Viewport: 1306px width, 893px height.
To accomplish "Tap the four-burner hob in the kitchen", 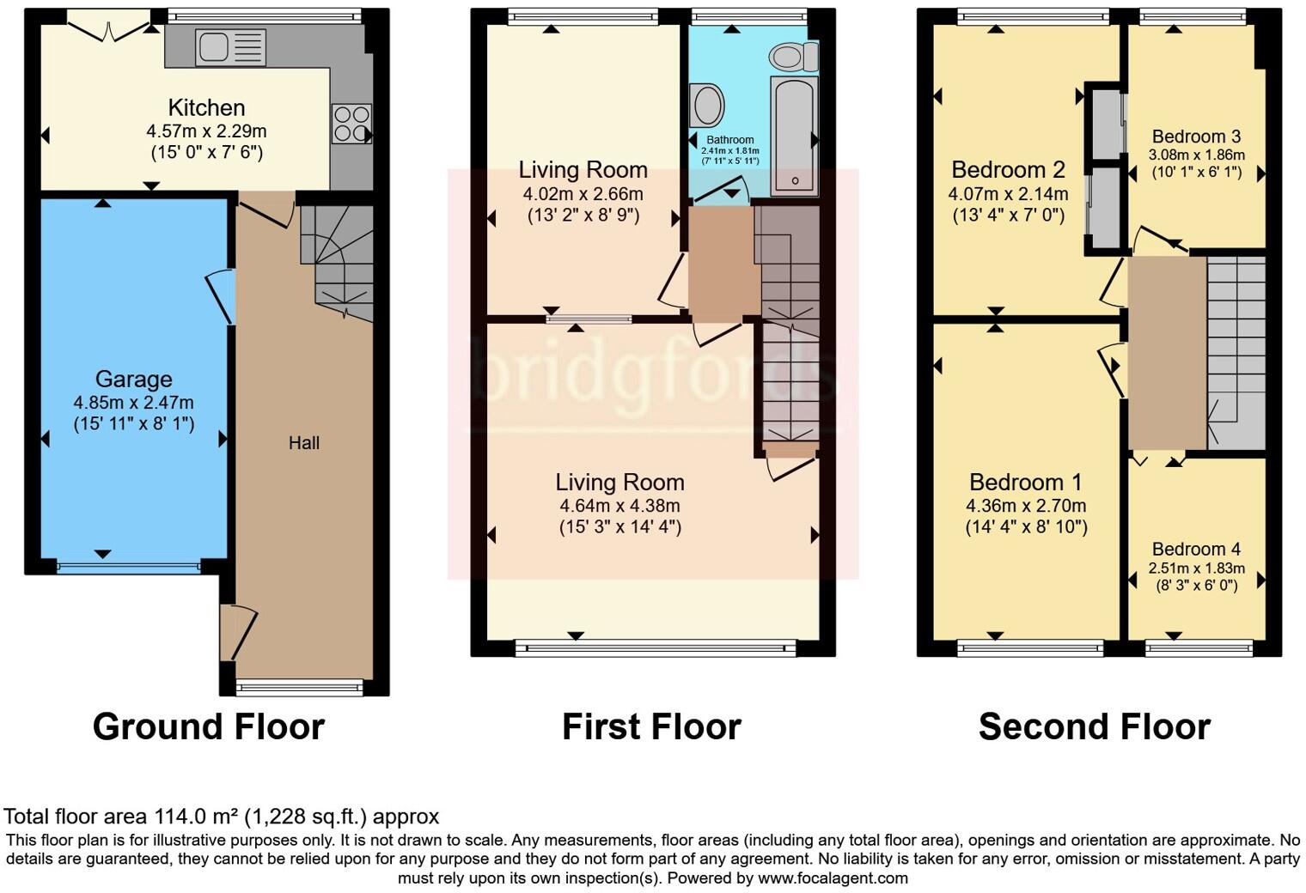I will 351,124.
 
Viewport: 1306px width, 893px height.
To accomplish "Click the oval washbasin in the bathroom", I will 707,105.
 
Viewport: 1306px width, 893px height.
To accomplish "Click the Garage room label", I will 133,379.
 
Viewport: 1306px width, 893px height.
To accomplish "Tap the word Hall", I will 304,443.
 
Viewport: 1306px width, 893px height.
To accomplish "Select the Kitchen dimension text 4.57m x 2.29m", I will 206,131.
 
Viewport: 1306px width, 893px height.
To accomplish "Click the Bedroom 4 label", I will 1196,549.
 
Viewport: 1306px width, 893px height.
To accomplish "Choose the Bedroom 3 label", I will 1196,137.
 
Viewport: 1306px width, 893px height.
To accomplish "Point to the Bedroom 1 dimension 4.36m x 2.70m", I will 1026,506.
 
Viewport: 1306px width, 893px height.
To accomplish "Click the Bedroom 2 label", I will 1008,169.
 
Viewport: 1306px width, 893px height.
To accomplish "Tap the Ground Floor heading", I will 209,727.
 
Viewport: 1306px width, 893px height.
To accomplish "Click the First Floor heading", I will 651,727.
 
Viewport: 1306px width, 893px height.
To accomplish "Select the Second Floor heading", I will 1094,727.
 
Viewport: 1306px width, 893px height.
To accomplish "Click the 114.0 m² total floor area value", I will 198,817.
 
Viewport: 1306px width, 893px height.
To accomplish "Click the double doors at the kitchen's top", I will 108,28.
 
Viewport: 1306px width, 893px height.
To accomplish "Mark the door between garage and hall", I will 222,296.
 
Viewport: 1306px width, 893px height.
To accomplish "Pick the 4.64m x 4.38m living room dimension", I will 619,506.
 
